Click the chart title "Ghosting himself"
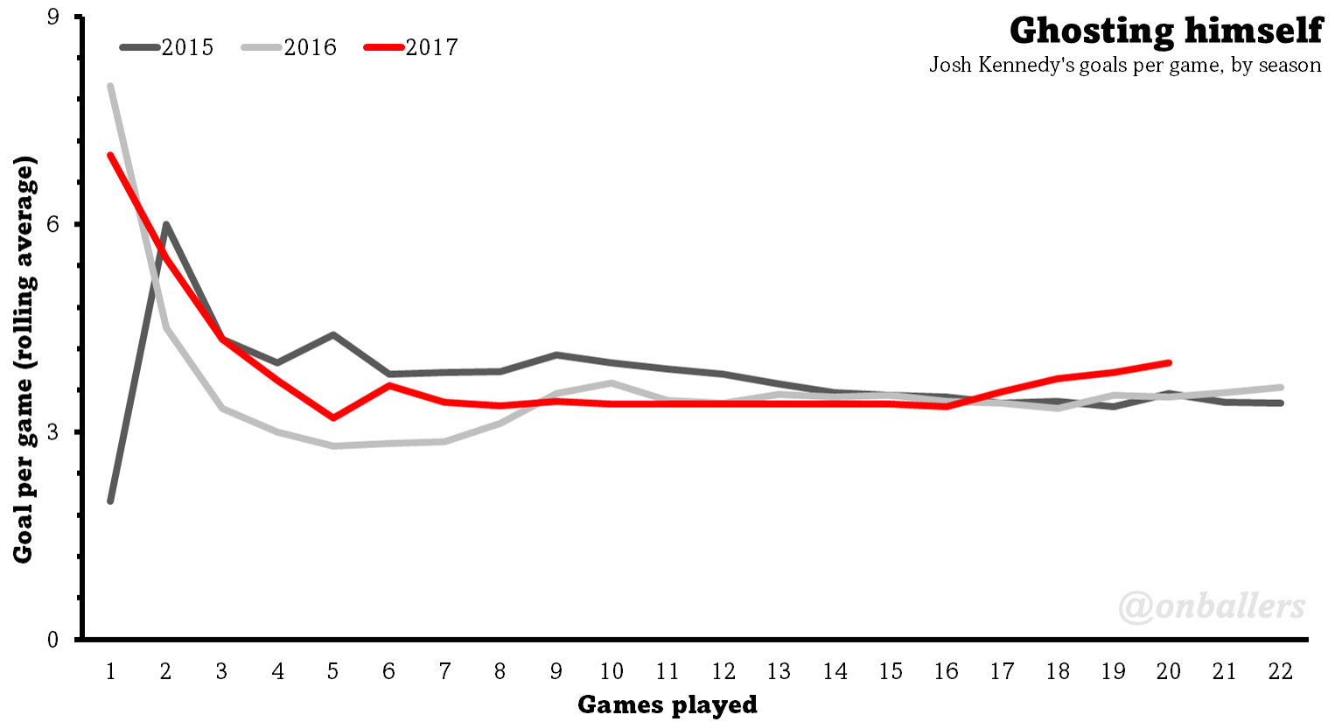pyautogui.click(x=1165, y=31)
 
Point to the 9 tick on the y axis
pyautogui.click(x=52, y=17)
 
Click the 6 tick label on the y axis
pyautogui.click(x=52, y=224)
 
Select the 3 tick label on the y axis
pyautogui.click(x=52, y=431)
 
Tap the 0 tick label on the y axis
pyautogui.click(x=52, y=640)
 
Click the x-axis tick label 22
pyautogui.click(x=1280, y=671)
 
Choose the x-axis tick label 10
pyautogui.click(x=612, y=671)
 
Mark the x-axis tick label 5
pyautogui.click(x=333, y=671)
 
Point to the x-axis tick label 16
pyautogui.click(x=946, y=671)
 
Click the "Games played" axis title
pyautogui.click(x=667, y=704)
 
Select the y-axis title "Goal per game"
pyautogui.click(x=24, y=360)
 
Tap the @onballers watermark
pyautogui.click(x=1212, y=606)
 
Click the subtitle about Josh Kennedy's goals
pyautogui.click(x=1125, y=66)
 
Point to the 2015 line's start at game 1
pyautogui.click(x=110, y=501)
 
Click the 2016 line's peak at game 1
pyautogui.click(x=110, y=86)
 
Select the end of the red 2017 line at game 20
pyautogui.click(x=1169, y=362)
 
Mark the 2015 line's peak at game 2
pyautogui.click(x=165, y=224)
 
